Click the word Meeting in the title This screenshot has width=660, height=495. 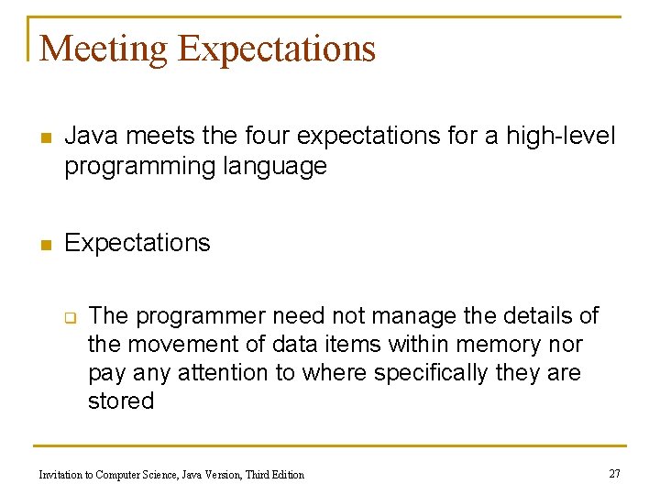pyautogui.click(x=104, y=49)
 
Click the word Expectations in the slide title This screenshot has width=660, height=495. pyautogui.click(x=277, y=49)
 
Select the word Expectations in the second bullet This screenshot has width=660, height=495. pyautogui.click(x=137, y=243)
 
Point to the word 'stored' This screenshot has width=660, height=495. pyautogui.click(x=120, y=401)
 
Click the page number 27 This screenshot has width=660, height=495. pyautogui.click(x=614, y=473)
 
